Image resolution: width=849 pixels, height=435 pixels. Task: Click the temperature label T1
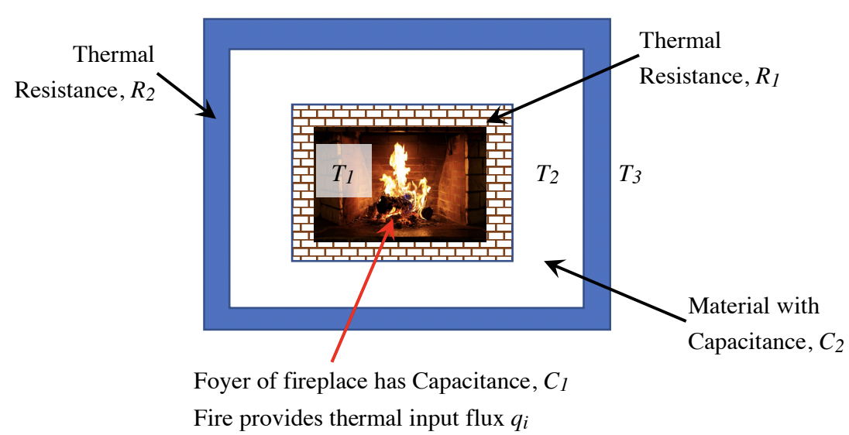click(342, 174)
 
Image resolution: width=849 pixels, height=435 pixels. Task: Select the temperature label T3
click(629, 175)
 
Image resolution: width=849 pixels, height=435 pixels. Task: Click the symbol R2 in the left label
click(136, 91)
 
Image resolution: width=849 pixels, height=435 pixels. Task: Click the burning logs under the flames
click(395, 207)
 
